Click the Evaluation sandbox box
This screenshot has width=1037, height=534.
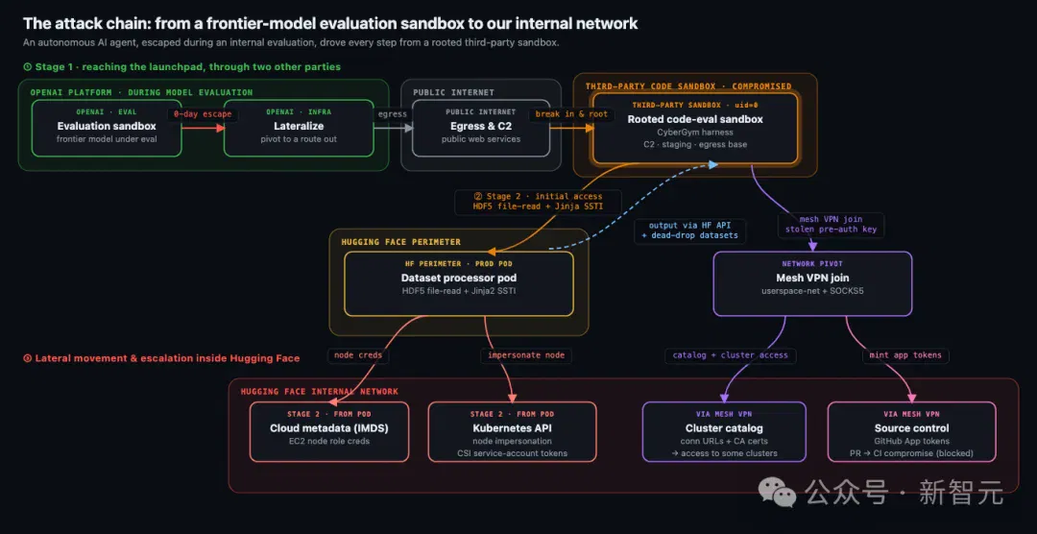click(107, 129)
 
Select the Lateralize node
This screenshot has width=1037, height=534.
click(299, 129)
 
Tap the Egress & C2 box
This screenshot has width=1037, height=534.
click(481, 129)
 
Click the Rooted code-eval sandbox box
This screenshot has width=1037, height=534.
click(695, 129)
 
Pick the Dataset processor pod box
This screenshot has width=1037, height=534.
click(458, 283)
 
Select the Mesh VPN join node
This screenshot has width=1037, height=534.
click(812, 283)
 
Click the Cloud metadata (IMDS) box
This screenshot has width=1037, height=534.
click(329, 431)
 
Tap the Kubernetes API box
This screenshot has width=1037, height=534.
click(512, 431)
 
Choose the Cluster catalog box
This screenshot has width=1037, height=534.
click(724, 431)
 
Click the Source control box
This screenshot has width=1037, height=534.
click(911, 431)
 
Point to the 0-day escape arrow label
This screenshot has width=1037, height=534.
click(203, 114)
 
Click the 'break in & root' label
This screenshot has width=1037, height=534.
click(570, 114)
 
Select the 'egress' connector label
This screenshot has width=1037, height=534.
click(392, 114)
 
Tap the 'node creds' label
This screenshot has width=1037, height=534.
click(358, 355)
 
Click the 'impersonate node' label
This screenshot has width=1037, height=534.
click(526, 355)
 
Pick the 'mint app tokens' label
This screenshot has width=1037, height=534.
click(905, 355)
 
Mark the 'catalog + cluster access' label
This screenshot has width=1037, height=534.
click(730, 355)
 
